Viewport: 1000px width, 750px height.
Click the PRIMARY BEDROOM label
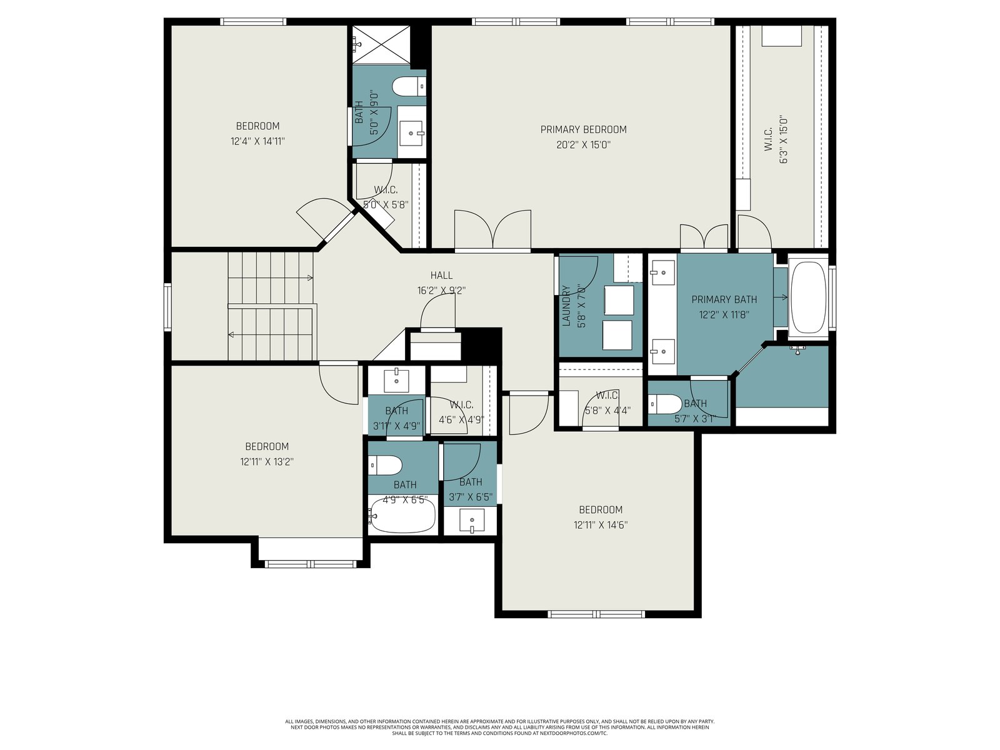click(583, 130)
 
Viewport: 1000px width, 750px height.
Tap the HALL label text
click(441, 275)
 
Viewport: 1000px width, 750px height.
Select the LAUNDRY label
click(566, 306)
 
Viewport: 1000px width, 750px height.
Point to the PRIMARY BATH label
click(724, 299)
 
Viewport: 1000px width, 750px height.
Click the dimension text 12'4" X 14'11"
click(258, 141)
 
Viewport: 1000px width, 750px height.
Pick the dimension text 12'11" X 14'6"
click(601, 525)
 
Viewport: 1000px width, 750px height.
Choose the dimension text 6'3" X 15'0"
click(784, 139)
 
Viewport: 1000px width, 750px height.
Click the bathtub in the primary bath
click(807, 297)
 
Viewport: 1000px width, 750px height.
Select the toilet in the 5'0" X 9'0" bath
click(409, 86)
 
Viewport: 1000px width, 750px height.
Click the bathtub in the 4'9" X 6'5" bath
click(401, 515)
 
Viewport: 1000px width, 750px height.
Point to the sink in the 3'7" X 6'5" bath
click(471, 520)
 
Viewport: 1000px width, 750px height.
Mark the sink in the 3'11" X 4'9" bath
click(396, 380)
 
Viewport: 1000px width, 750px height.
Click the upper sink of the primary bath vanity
click(663, 272)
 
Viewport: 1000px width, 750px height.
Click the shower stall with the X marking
click(381, 44)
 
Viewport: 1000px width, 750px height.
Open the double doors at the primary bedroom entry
click(492, 229)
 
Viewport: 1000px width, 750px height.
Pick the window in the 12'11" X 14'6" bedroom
click(596, 614)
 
